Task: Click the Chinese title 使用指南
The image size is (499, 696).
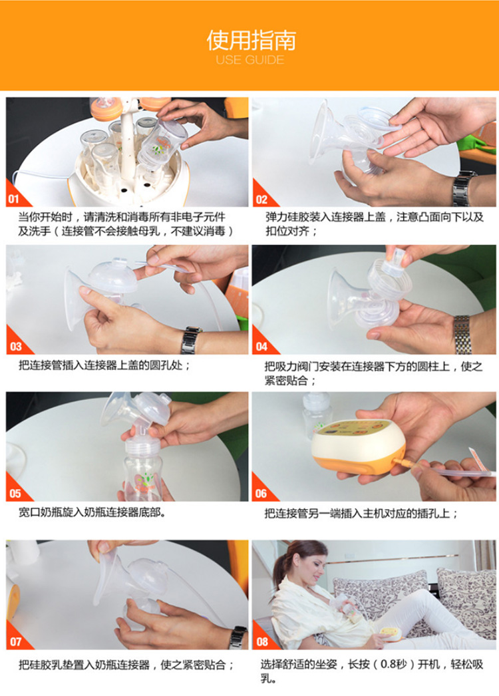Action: tap(251, 41)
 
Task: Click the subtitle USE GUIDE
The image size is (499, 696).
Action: tap(250, 60)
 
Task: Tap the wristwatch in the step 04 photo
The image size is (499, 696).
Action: tap(462, 334)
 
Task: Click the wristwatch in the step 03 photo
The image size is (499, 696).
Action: tap(191, 340)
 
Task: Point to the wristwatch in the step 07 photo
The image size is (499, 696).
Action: tap(238, 638)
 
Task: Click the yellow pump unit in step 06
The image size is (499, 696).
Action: tap(358, 446)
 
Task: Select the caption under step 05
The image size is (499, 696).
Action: tap(92, 512)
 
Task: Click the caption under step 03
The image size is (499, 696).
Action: tap(104, 365)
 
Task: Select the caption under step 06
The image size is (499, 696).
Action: tap(361, 513)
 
